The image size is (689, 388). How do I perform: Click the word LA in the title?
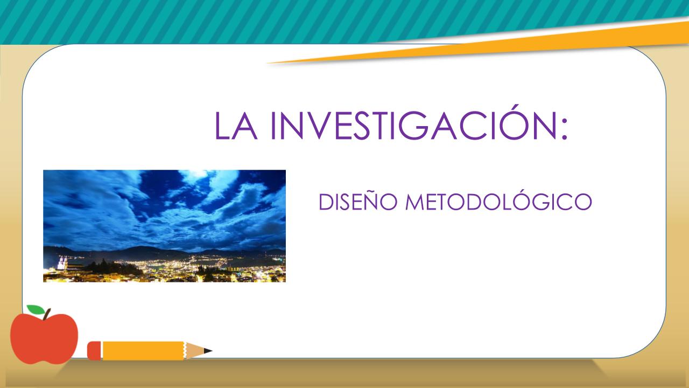pyautogui.click(x=236, y=126)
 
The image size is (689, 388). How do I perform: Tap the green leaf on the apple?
pyautogui.click(x=36, y=309)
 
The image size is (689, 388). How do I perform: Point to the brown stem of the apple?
pyautogui.click(x=47, y=314)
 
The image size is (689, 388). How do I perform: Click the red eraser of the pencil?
pyautogui.click(x=94, y=351)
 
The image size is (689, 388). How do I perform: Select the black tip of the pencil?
pyautogui.click(x=208, y=351)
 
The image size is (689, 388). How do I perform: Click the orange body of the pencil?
pyautogui.click(x=143, y=351)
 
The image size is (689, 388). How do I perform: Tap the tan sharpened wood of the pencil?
pyautogui.click(x=194, y=351)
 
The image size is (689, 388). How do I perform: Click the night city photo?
pyautogui.click(x=164, y=226)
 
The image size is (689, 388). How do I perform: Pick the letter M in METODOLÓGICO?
pyautogui.click(x=414, y=202)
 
